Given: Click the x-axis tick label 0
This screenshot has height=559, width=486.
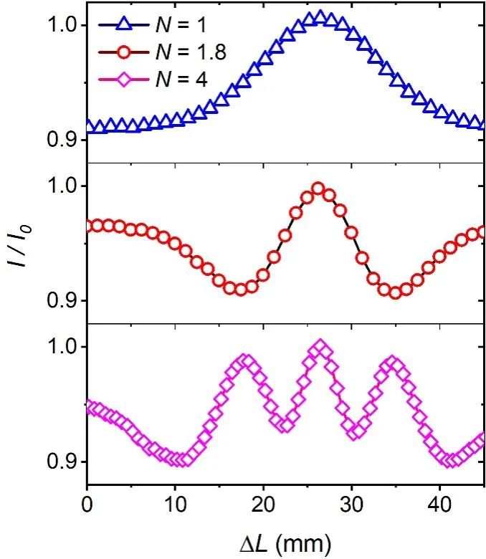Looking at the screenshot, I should (87, 503).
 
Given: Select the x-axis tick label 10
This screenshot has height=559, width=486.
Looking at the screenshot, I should (175, 503).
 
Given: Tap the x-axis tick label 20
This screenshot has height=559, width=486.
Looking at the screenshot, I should (263, 503).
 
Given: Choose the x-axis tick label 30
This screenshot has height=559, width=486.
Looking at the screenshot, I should (351, 503).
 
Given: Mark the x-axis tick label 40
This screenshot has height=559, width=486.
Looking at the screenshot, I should (439, 503).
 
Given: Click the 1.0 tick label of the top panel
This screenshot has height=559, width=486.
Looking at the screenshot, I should (61, 25).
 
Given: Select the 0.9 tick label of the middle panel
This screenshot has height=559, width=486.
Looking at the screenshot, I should (61, 300).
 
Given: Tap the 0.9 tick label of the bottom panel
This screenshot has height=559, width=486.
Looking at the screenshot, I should (61, 461).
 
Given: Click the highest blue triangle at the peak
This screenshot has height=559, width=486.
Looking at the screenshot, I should (320, 17).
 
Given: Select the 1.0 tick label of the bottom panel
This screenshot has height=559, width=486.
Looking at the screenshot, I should (61, 347).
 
